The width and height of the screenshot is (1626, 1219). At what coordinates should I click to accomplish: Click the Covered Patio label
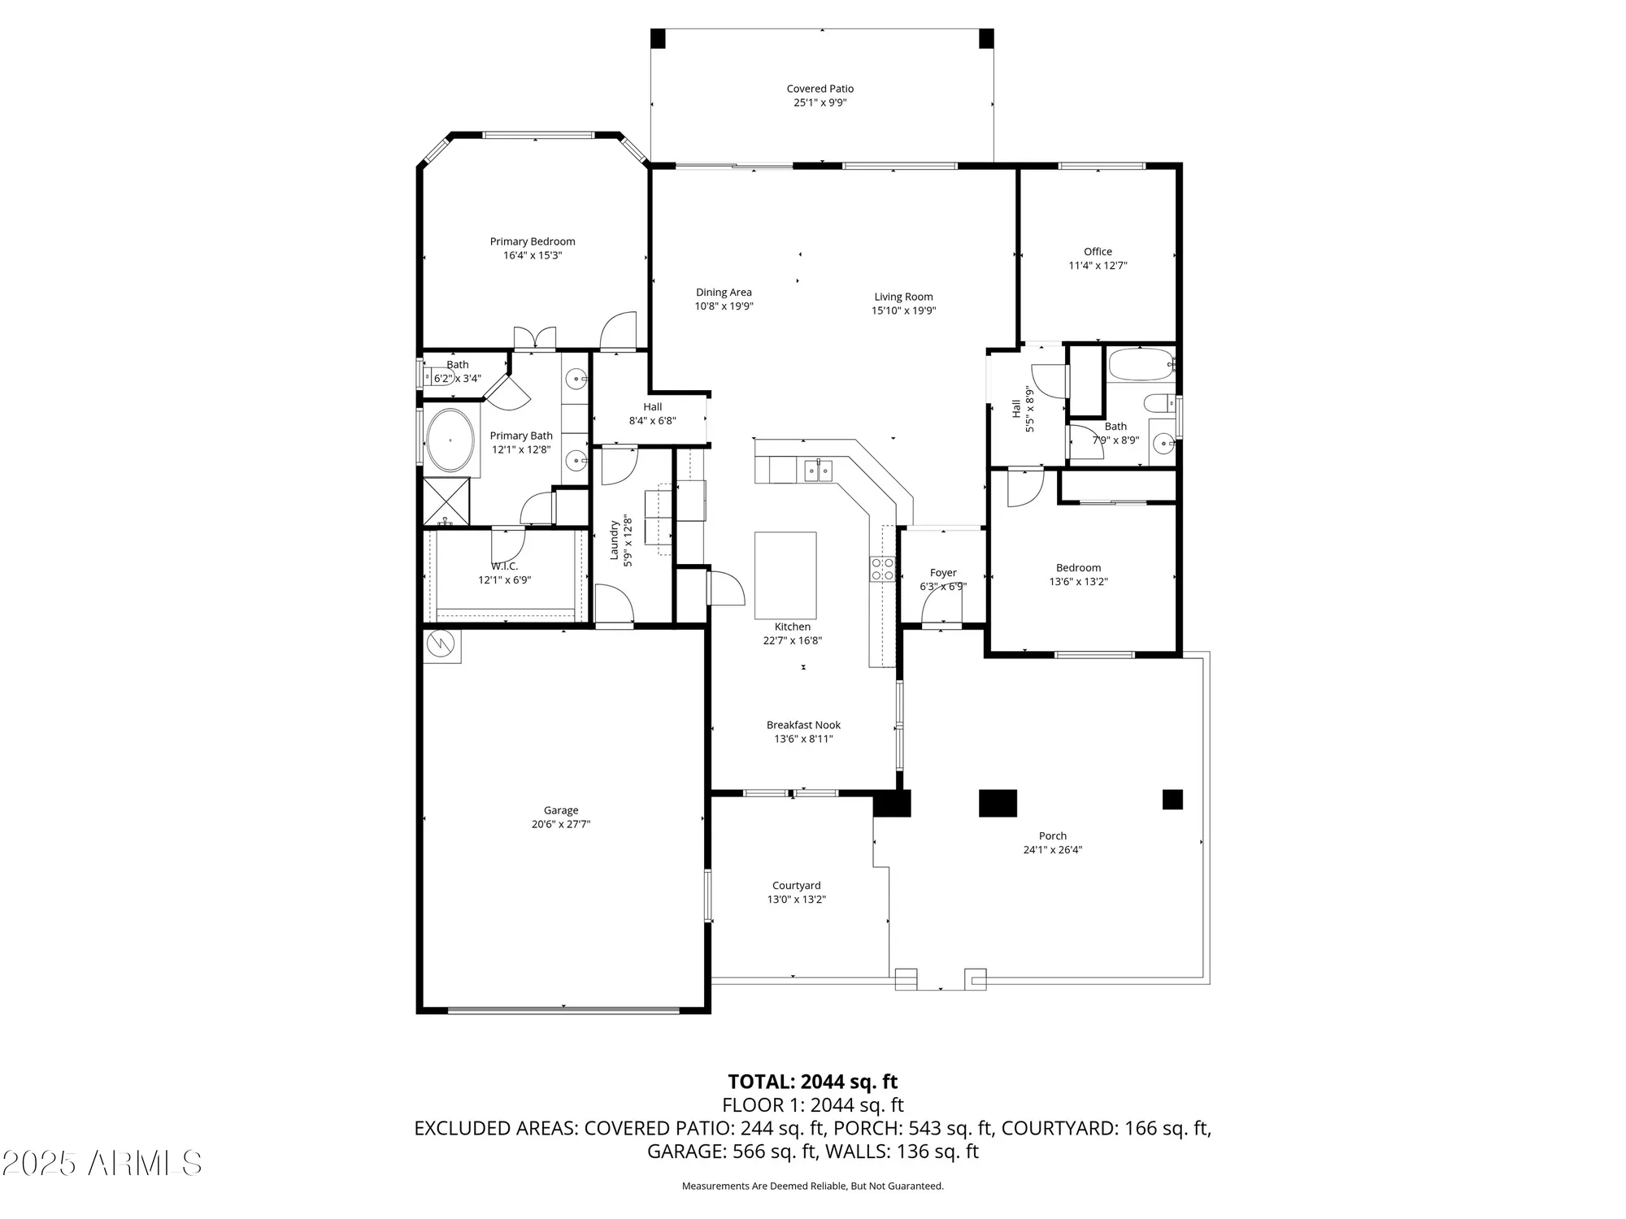(820, 89)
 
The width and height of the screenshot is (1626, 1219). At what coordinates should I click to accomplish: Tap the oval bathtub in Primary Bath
(450, 440)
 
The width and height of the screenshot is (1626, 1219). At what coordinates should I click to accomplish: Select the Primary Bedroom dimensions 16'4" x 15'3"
(533, 255)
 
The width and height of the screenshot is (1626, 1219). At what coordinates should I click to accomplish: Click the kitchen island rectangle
(785, 575)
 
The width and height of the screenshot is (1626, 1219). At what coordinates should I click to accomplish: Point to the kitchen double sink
(818, 471)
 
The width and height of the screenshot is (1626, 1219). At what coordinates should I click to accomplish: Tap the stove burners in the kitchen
(882, 569)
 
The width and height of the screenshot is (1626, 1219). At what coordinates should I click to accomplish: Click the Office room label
(1098, 251)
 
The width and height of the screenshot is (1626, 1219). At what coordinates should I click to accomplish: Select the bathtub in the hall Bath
(1140, 365)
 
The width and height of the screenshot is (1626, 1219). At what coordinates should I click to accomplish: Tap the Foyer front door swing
(943, 605)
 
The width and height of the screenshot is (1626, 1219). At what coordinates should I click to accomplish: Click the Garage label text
(561, 810)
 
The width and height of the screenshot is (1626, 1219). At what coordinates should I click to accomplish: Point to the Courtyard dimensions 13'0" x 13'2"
(797, 900)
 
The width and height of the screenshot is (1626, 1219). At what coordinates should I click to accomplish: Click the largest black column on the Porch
(998, 802)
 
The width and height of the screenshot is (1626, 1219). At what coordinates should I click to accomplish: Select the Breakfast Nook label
(803, 725)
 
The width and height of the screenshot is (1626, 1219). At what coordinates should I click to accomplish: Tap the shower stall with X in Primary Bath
(446, 501)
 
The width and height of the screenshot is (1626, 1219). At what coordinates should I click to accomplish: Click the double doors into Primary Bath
(534, 339)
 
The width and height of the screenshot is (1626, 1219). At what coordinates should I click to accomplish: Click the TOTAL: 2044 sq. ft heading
(812, 1082)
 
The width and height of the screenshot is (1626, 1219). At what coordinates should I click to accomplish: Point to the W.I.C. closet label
(504, 566)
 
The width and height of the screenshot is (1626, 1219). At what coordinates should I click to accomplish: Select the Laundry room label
(615, 540)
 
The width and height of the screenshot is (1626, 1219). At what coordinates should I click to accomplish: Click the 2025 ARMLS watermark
(102, 1164)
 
